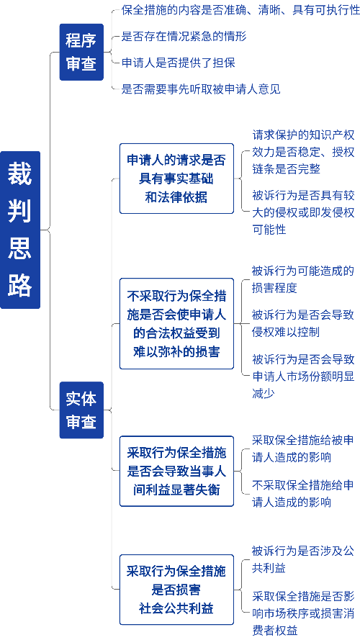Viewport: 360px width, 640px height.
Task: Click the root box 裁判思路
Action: (x=20, y=230)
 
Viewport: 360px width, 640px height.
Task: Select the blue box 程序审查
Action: (x=81, y=53)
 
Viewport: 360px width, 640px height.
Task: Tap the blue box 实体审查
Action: (x=81, y=410)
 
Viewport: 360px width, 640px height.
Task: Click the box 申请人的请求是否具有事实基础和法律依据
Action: (x=176, y=179)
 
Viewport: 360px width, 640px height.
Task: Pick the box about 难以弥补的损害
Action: (x=176, y=324)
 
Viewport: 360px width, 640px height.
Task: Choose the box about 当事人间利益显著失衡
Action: (x=176, y=471)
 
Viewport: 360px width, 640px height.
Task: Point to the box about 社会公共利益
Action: (x=176, y=590)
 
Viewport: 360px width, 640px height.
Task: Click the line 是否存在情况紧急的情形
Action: (x=184, y=37)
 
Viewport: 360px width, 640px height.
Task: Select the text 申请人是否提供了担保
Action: (x=179, y=63)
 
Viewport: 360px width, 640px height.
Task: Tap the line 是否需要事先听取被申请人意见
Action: (x=201, y=89)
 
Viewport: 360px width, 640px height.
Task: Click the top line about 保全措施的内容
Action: (x=240, y=11)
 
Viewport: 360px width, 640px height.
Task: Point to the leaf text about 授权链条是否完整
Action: (x=303, y=152)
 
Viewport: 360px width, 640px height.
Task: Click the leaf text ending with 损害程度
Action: (x=303, y=279)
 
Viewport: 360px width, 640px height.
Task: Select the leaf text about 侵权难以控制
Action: (x=303, y=324)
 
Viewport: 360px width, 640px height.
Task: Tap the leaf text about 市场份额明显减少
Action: (x=303, y=377)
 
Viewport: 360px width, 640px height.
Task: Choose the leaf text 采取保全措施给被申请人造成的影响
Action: (x=303, y=449)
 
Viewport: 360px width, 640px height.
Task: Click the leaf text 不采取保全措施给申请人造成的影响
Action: (x=303, y=493)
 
